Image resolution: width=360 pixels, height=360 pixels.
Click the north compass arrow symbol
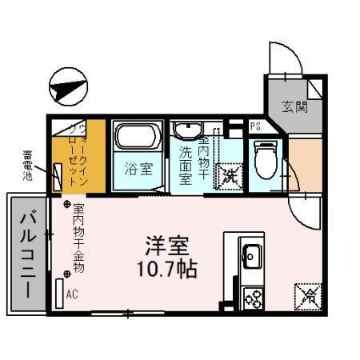67,84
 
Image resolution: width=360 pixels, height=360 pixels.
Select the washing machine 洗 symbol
230,175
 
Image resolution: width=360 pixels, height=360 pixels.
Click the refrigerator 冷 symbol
308,294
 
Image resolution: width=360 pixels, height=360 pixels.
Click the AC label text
73,293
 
